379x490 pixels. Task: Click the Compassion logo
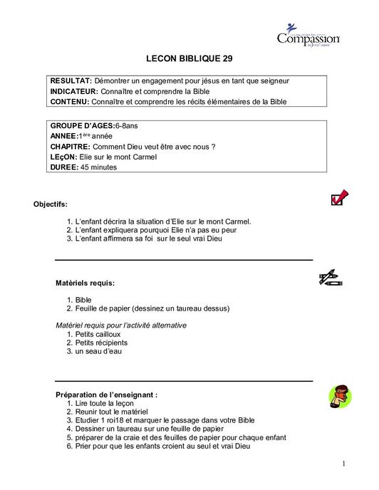(308, 35)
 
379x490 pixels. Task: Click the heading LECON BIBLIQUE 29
(189, 61)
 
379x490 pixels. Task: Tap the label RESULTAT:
(71, 80)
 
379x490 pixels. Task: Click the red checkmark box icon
(339, 197)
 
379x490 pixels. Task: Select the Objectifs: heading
(51, 204)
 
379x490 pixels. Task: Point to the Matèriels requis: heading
(85, 283)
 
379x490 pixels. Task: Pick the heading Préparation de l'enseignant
(107, 394)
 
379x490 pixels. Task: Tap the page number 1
(343, 464)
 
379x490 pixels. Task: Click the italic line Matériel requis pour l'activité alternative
(121, 325)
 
